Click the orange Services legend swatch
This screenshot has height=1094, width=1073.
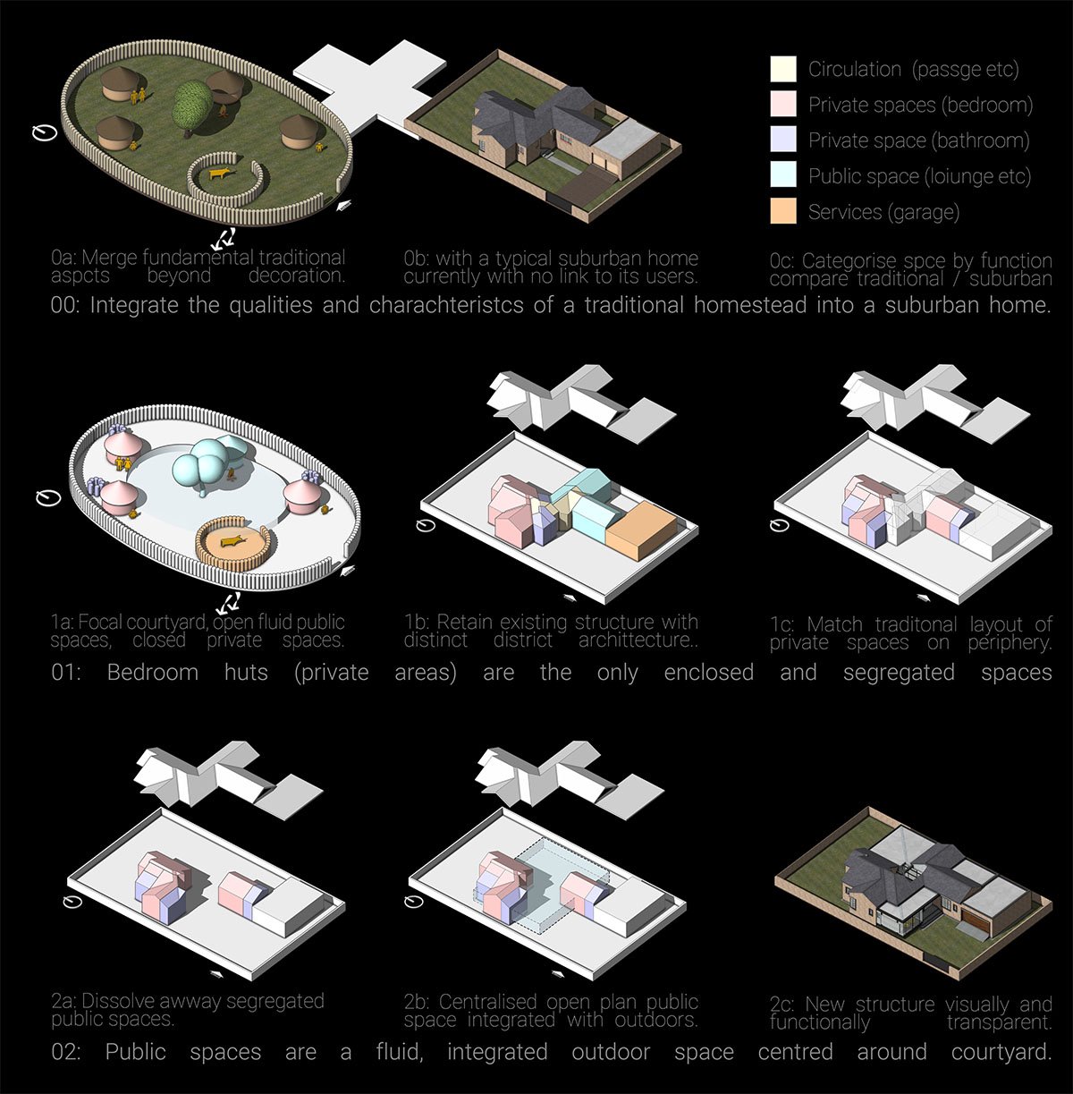783,210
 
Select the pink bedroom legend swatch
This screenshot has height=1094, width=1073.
783,104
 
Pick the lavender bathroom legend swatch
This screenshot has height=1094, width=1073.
783,140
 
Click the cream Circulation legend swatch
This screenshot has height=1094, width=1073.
783,69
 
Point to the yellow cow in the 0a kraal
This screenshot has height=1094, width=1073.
220,173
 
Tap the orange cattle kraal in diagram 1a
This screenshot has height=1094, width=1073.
233,543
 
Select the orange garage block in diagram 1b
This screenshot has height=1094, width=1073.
641,530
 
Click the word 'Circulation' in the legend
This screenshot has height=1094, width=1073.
855,69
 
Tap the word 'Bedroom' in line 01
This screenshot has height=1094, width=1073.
153,673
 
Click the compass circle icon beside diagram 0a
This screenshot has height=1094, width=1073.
45,132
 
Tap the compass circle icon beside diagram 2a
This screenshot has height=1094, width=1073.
72,901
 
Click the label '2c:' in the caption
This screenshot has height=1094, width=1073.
782,1005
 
